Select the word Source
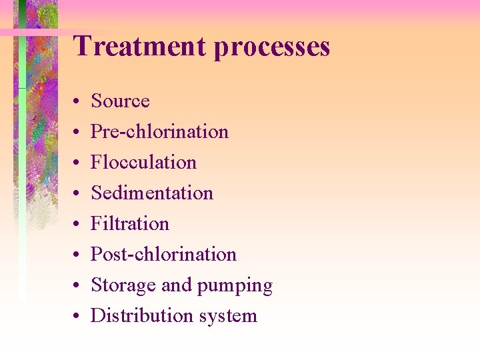(120, 101)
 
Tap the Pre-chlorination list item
(159, 131)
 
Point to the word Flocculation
(143, 162)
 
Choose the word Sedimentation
(152, 193)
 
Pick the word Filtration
(130, 223)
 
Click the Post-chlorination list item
(163, 254)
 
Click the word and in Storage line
(176, 285)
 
